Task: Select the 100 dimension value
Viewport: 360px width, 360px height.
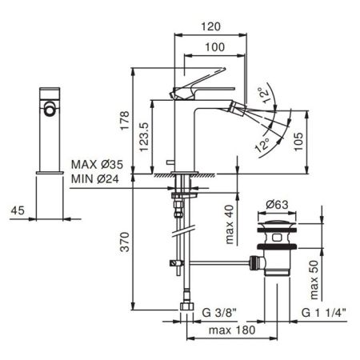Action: point(214,48)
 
